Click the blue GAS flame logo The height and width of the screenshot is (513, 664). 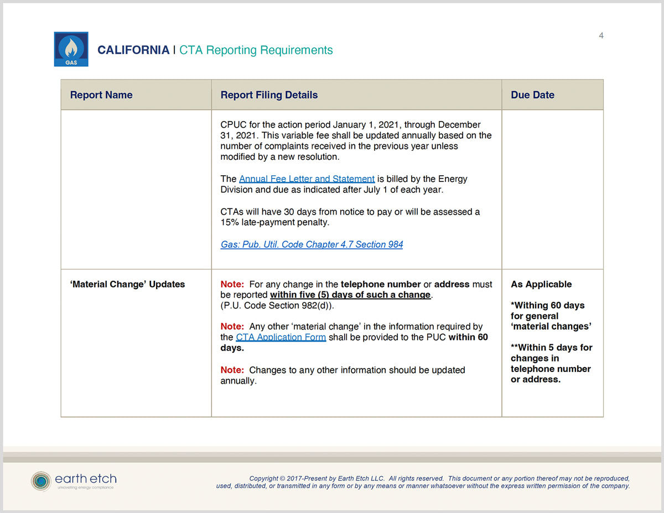tap(71, 49)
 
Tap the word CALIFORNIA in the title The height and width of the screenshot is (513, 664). tap(133, 50)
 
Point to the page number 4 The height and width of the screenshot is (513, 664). tap(601, 36)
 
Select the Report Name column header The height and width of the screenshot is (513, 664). tap(101, 95)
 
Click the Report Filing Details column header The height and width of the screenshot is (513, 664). tap(269, 95)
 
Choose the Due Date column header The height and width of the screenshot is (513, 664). tap(532, 95)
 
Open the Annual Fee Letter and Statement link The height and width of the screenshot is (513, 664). tap(307, 179)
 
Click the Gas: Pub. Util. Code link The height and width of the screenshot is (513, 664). tap(312, 244)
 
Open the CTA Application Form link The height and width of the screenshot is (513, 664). tap(281, 337)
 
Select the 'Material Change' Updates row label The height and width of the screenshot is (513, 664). tap(127, 284)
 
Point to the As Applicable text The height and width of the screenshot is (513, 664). tap(541, 284)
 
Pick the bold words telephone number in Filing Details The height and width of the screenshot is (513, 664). tap(381, 284)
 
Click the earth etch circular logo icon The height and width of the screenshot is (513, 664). tap(40, 481)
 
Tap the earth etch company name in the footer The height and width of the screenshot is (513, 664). tap(86, 479)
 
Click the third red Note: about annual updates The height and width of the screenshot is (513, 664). tap(232, 370)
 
